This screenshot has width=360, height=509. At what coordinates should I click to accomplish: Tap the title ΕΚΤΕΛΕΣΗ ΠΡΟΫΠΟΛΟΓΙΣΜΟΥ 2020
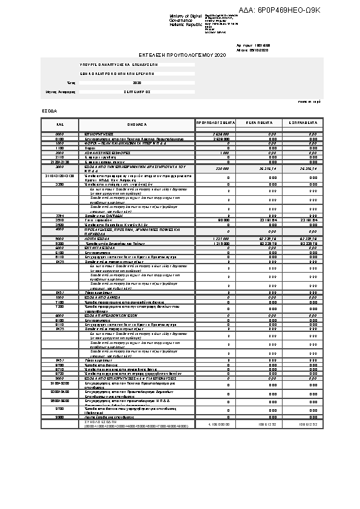[182, 54]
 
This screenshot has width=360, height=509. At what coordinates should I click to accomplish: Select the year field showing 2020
[137, 83]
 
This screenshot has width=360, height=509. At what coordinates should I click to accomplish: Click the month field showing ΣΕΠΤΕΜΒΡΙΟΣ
[137, 92]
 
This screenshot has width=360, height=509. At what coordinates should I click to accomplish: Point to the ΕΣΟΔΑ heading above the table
[49, 111]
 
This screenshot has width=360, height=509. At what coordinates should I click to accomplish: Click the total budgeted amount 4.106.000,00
[218, 442]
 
